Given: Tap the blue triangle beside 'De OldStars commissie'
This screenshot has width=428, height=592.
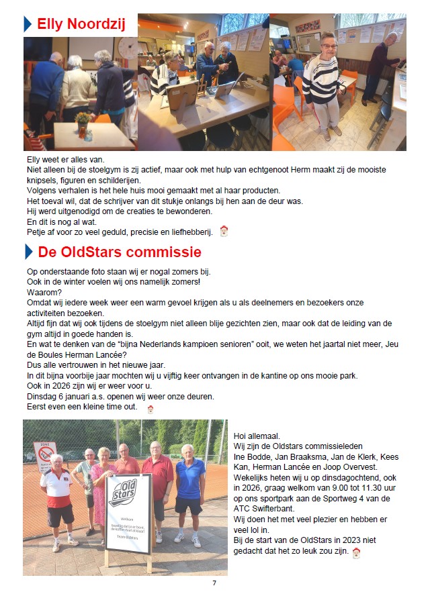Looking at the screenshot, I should coord(28,252).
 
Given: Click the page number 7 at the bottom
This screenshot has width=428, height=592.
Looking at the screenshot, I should coord(214,583).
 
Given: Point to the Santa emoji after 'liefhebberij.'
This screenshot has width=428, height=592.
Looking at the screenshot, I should coord(224,232).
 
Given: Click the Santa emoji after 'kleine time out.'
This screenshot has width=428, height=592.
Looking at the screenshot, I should coord(150,407).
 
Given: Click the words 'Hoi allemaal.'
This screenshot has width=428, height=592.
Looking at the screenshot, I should coord(256,436).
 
